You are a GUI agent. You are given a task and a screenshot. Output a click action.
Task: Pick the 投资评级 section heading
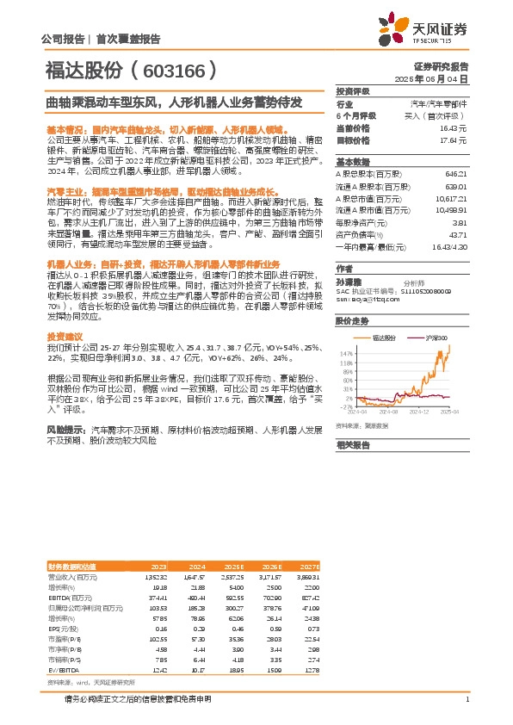[x=352, y=90]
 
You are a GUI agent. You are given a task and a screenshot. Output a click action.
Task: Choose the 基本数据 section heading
[x=352, y=161]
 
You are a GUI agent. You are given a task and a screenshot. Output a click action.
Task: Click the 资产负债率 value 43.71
[x=458, y=235]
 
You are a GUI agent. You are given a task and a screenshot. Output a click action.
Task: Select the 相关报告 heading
[x=352, y=445]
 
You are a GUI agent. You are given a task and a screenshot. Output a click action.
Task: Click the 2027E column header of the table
[x=309, y=567]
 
